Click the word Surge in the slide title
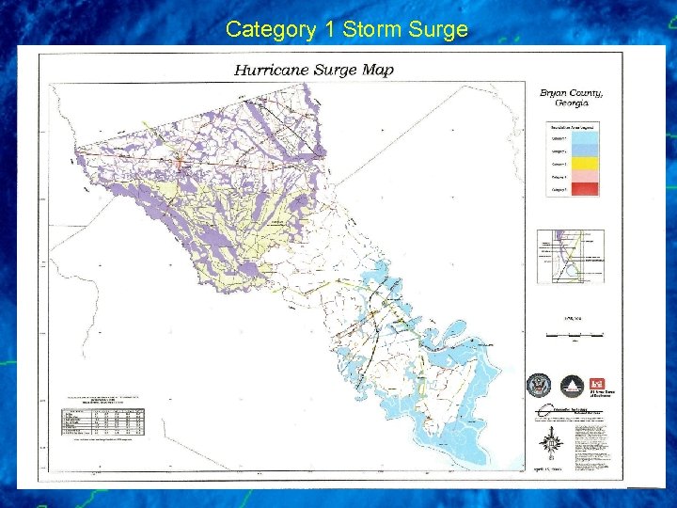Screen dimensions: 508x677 pyautogui.click(x=437, y=29)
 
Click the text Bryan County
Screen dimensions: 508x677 pyautogui.click(x=571, y=93)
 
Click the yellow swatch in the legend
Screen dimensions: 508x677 pyautogui.click(x=587, y=161)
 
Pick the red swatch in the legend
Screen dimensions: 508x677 pyautogui.click(x=587, y=188)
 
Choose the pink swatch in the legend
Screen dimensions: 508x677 pyautogui.click(x=587, y=175)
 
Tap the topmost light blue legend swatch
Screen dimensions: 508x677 pyautogui.click(x=587, y=135)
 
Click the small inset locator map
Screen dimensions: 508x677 pyautogui.click(x=570, y=256)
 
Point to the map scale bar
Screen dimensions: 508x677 pyautogui.click(x=575, y=334)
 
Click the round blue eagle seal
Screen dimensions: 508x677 pyautogui.click(x=539, y=385)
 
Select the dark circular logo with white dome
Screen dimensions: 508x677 pyautogui.click(x=570, y=385)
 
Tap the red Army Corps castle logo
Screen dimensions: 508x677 pyautogui.click(x=598, y=384)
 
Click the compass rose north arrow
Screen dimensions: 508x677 pyautogui.click(x=553, y=442)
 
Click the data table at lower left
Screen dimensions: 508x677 pyautogui.click(x=104, y=421)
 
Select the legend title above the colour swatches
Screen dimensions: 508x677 pyautogui.click(x=574, y=124)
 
